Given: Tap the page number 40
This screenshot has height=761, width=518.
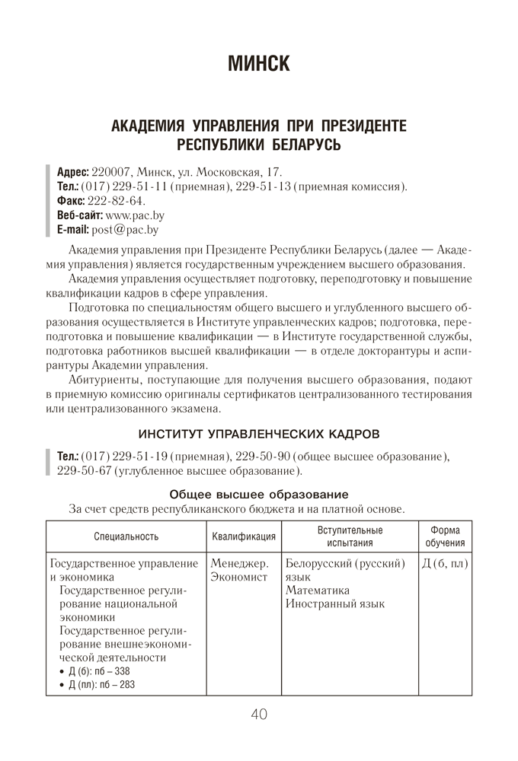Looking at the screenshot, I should (258, 715).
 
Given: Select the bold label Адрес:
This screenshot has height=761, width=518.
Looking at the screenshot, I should (73, 172).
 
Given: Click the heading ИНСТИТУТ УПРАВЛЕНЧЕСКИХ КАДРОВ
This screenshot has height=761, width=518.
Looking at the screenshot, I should (258, 435).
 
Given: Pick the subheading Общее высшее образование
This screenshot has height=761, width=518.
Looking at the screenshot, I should (258, 493).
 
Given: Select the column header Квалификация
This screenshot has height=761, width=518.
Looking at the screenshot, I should (243, 536).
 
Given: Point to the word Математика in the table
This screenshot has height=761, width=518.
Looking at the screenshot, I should (318, 591).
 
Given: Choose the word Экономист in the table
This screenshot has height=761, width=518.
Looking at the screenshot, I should (239, 578).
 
